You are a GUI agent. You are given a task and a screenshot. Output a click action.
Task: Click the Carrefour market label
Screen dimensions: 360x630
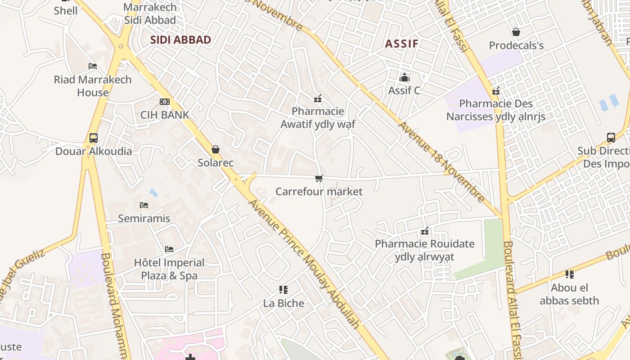(319, 192)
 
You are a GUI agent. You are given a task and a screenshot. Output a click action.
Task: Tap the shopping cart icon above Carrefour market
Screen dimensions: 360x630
(319, 179)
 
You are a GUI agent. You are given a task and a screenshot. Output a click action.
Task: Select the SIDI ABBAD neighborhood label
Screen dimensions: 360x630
(180, 40)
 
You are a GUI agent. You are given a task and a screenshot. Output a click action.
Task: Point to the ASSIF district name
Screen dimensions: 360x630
(402, 44)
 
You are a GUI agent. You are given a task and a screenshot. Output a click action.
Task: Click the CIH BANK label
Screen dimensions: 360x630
(165, 115)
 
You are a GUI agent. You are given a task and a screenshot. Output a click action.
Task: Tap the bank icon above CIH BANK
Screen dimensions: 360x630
(165, 102)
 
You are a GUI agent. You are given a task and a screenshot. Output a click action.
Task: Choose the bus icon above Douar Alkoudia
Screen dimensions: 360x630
(94, 138)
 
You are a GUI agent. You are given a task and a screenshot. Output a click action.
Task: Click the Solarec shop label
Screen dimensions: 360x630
(216, 162)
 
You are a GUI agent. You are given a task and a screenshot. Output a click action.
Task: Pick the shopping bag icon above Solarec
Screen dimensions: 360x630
(216, 149)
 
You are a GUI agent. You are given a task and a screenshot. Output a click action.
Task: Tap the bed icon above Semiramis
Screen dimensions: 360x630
(144, 205)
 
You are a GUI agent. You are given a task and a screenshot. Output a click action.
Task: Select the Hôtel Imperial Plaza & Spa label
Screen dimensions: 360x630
(169, 269)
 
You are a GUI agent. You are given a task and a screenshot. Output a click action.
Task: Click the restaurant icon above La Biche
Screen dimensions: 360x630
(283, 290)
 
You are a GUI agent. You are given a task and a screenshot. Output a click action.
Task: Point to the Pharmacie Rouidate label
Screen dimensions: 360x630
(424, 250)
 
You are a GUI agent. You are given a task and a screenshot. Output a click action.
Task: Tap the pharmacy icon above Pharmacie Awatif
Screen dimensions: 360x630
(318, 99)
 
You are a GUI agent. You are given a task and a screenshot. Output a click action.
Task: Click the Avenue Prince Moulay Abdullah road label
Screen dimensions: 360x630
(304, 263)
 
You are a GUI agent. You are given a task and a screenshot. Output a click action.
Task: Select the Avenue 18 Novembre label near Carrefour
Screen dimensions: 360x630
(441, 162)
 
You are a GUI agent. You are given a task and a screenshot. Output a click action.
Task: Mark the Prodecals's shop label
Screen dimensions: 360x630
(516, 45)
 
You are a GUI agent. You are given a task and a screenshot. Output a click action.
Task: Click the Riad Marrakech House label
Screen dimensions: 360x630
(93, 86)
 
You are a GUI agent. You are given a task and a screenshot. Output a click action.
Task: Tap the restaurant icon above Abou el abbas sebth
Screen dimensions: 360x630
(570, 274)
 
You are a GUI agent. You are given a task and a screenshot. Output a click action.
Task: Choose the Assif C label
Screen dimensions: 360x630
(404, 90)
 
